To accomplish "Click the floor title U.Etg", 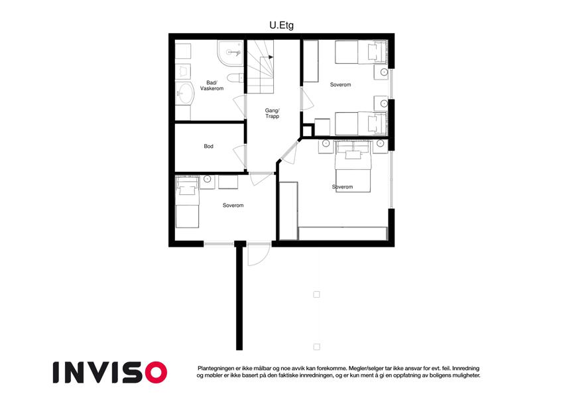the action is [281, 25].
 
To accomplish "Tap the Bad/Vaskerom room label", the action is [212, 86].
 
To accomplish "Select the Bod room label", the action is [209, 146].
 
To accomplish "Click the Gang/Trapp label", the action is [272, 113].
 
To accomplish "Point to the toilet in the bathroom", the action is [235, 78].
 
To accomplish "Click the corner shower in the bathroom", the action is [230, 53].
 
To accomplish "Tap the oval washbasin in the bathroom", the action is [185, 94].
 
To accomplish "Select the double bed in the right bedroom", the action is [353, 166].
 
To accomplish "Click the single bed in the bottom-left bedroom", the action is [187, 202].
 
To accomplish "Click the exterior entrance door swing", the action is [259, 255].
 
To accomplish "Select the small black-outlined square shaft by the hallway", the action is [307, 131].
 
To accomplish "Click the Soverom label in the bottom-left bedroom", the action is [233, 206].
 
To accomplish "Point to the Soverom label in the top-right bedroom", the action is [340, 85].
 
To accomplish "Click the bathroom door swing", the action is [239, 107].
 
